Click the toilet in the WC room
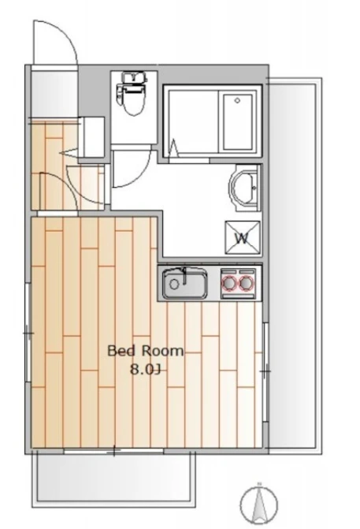[x=132, y=99]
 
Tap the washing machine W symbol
[x=243, y=238]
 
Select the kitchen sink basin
[x=184, y=283]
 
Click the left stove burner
[x=229, y=283]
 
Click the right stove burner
[x=246, y=283]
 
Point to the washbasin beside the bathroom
[x=245, y=188]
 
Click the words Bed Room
[x=146, y=351]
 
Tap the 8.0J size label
[x=145, y=370]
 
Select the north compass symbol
[x=259, y=503]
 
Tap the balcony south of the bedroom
[x=114, y=479]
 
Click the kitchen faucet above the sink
[x=184, y=276]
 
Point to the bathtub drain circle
[x=237, y=101]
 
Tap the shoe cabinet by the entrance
[x=91, y=137]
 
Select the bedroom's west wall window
[x=28, y=333]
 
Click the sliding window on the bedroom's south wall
[x=114, y=452]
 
